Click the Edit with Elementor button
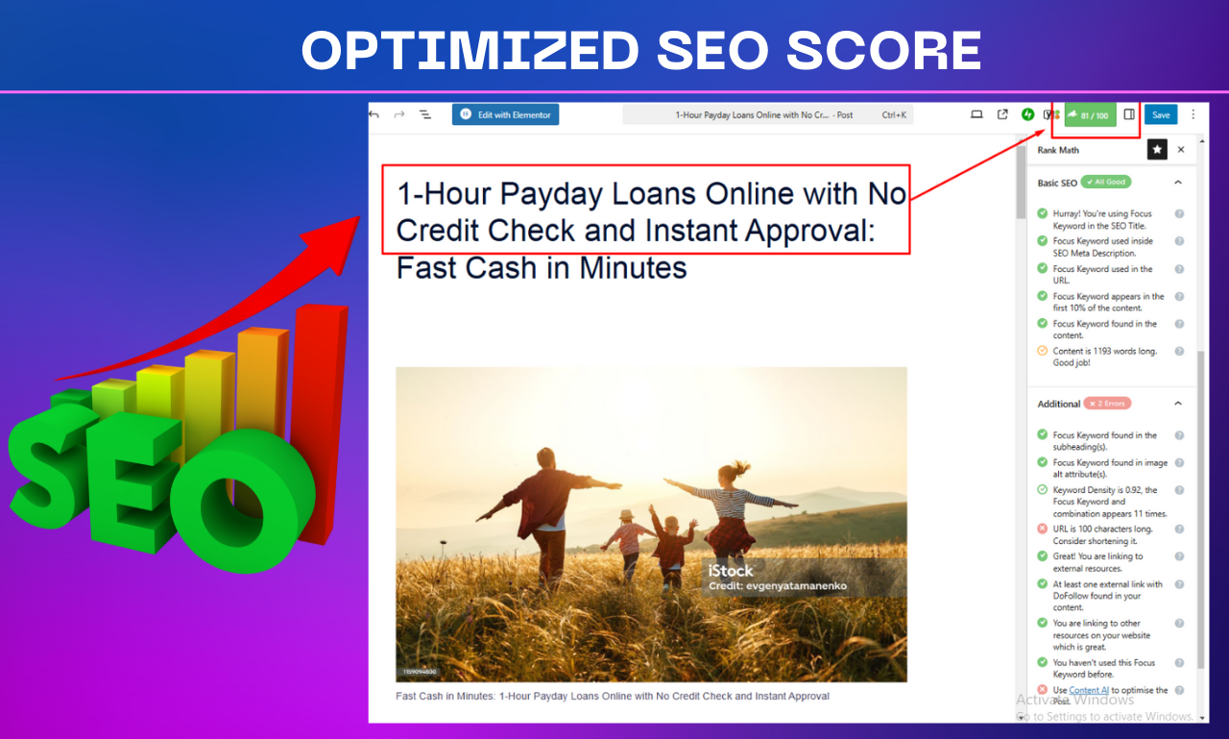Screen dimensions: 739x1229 (x=506, y=115)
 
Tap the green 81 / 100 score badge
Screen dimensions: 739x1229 (x=1090, y=115)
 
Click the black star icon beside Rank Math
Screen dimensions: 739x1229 (x=1157, y=150)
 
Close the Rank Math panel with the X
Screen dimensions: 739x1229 (x=1181, y=150)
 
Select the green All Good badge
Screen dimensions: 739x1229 (x=1106, y=182)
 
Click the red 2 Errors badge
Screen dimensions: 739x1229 (x=1108, y=404)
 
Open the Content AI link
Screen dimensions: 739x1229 (x=1088, y=690)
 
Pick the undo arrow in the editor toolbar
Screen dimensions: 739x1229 (x=374, y=114)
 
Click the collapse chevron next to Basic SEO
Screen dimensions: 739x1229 (x=1178, y=183)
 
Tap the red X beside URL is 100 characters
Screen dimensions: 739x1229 (x=1042, y=530)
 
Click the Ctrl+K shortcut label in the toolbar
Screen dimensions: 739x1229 (x=894, y=115)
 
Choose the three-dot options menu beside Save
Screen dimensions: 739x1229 (x=1193, y=114)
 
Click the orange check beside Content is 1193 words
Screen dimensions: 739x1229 (x=1042, y=352)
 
